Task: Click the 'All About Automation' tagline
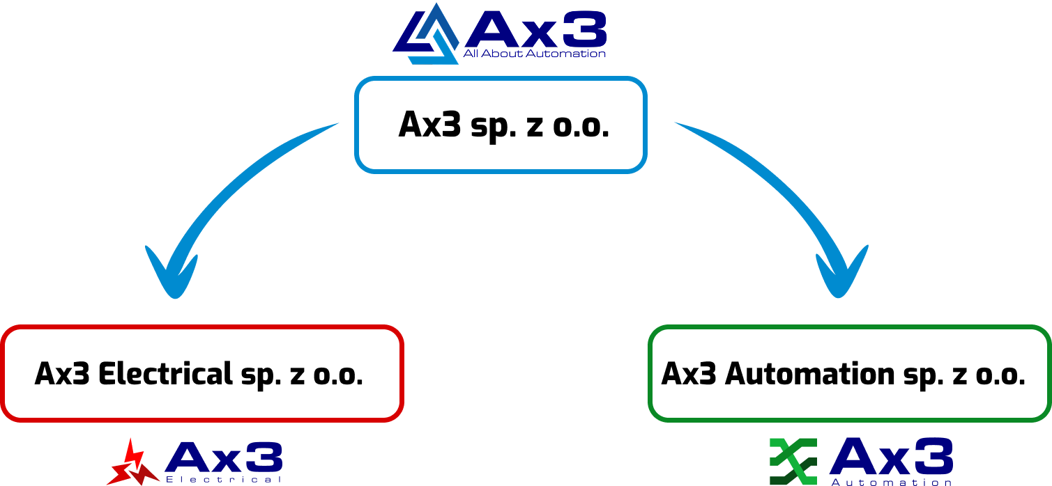point(535,54)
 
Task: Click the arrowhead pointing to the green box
point(841,276)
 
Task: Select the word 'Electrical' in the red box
point(165,374)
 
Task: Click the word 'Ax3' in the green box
point(689,374)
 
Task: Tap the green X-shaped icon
point(793,461)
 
